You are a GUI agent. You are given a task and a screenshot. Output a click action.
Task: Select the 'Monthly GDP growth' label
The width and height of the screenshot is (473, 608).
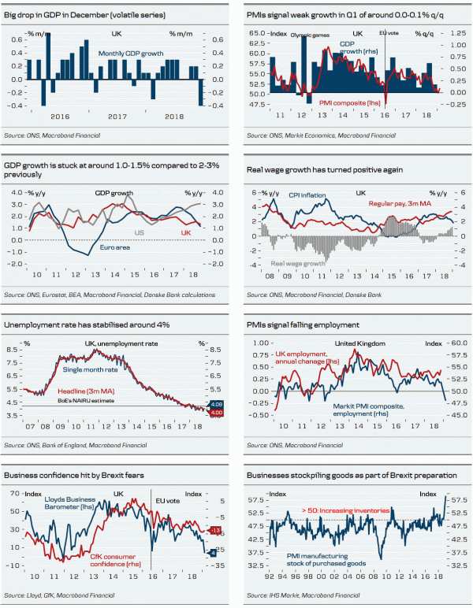(x=132, y=54)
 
